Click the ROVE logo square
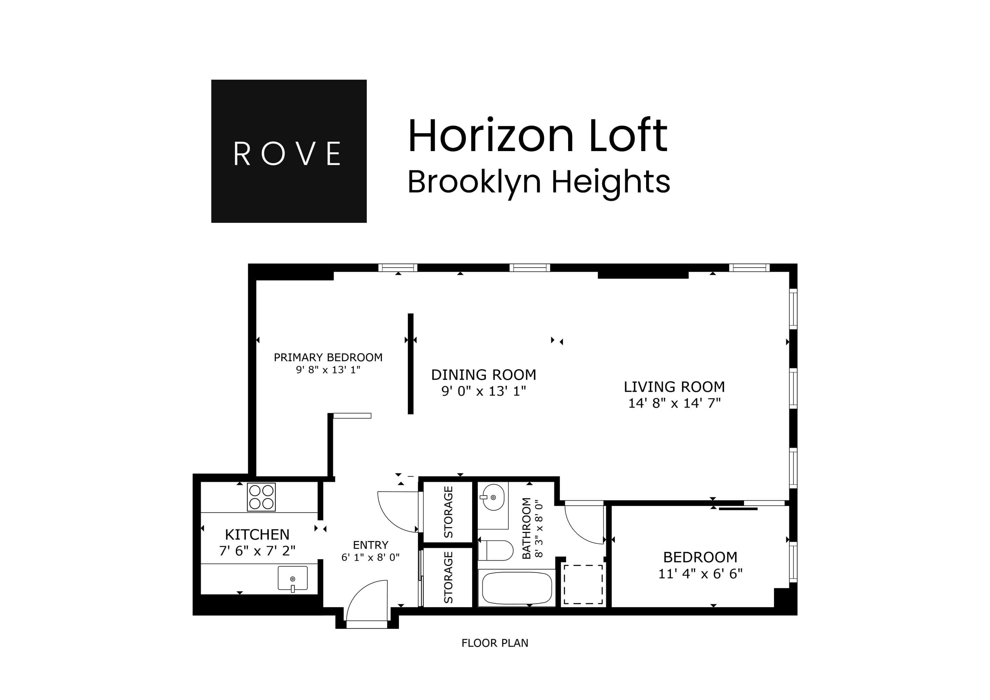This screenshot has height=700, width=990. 289,151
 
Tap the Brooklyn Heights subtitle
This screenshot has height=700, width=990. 538,182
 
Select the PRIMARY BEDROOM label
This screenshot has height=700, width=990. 328,357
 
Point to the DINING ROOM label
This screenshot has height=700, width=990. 483,375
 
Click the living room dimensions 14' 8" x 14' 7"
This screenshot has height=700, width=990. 674,403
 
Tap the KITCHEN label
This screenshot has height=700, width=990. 257,535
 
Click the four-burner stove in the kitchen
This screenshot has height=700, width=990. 261,497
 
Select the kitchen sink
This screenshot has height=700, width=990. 292,578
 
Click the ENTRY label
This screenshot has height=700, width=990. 370,545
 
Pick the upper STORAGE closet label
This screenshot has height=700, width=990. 449,512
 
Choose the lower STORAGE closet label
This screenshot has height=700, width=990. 449,577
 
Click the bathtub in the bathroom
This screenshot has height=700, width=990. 517,588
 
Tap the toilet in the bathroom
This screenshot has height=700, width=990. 496,550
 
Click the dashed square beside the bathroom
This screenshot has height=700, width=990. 583,584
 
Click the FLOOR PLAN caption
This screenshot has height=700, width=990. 495,643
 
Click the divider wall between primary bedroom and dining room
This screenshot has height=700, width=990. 411,363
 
